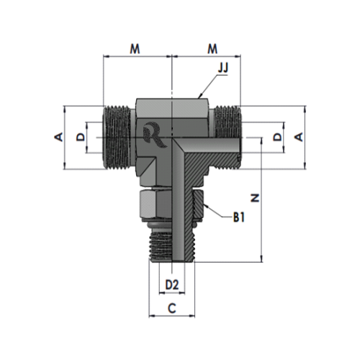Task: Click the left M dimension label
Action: point(135,49)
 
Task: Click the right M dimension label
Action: point(212,49)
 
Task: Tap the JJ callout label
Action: point(223,68)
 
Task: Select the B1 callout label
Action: point(239,217)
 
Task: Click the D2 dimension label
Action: point(172,285)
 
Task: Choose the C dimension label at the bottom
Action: point(172,308)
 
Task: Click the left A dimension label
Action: point(59,137)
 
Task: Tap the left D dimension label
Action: point(81,137)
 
